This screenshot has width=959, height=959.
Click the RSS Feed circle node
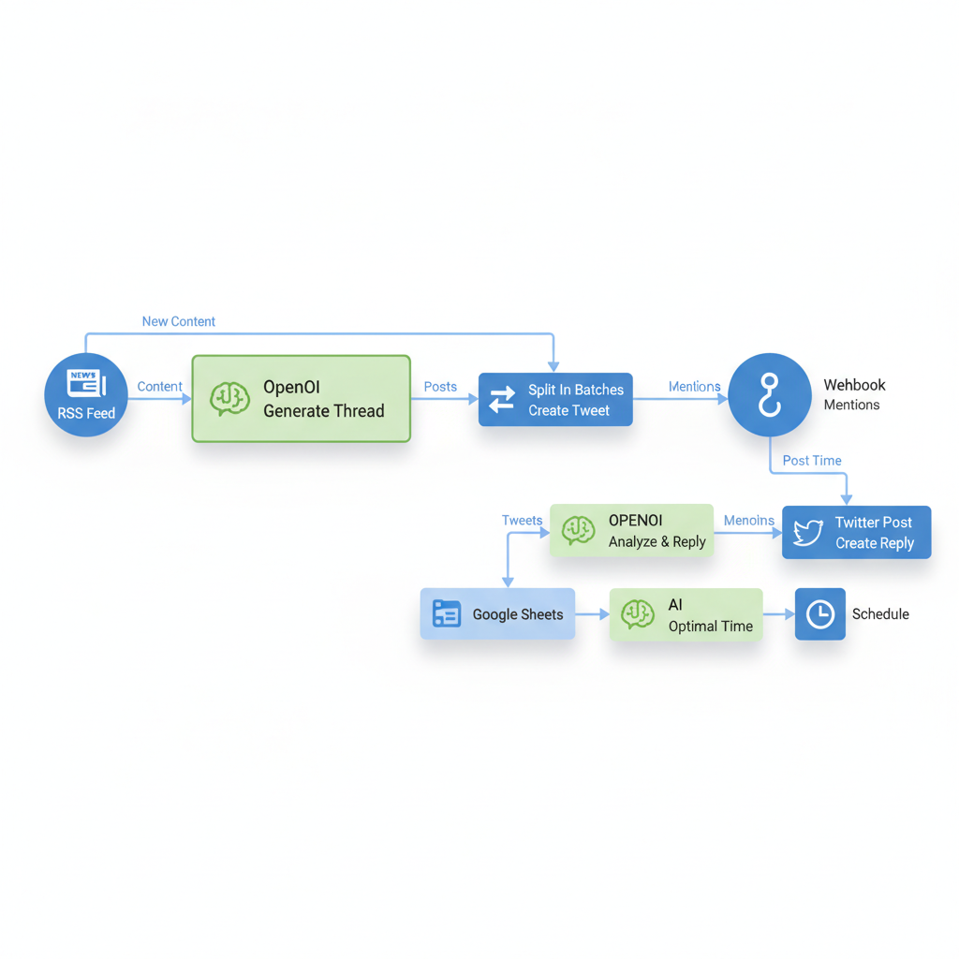pos(86,394)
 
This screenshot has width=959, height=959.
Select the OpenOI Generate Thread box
pos(301,398)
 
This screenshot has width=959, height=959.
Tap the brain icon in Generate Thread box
pos(229,398)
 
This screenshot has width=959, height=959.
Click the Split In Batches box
pos(555,400)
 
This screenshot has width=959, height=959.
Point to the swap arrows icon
pos(502,400)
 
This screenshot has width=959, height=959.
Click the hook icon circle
pos(769,394)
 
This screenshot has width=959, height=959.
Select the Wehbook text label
pos(854,385)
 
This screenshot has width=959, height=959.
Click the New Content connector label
pos(178,321)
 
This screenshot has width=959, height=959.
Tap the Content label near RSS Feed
pos(159,386)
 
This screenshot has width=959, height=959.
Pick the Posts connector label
pos(440,386)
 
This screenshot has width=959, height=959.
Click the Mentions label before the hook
pos(694,386)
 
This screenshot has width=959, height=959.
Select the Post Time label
pos(812,461)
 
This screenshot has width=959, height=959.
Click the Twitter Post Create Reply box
pos(856,533)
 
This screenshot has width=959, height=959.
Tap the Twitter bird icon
pos(807,533)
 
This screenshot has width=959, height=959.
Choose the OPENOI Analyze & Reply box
pos(631,531)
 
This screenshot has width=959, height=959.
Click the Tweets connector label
pos(522,521)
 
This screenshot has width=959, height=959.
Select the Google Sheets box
pos(497,614)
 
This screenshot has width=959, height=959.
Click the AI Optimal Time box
pos(686,614)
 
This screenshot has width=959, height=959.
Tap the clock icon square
pos(819,614)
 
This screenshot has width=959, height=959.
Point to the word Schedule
pos(880,614)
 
